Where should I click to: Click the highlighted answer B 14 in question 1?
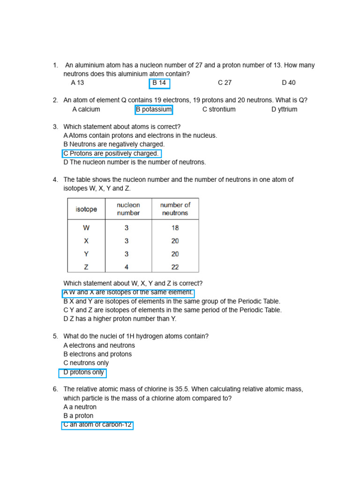click(x=159, y=83)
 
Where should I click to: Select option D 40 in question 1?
click(x=289, y=83)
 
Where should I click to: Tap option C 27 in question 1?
click(x=225, y=83)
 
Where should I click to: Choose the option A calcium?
click(x=86, y=109)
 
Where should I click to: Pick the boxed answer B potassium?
click(x=154, y=110)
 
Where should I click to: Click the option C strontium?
click(x=219, y=109)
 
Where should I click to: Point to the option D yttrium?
click(x=284, y=109)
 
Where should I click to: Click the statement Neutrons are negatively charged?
click(x=114, y=144)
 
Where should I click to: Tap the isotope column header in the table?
click(x=86, y=209)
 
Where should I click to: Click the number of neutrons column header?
click(x=175, y=209)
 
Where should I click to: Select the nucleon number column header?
click(x=128, y=209)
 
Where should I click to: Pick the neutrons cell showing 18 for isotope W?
click(x=175, y=228)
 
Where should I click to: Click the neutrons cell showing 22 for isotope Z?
click(x=175, y=267)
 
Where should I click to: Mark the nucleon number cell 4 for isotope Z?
click(x=127, y=267)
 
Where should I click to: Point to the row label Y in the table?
click(x=86, y=254)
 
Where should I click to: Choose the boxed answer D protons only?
click(x=83, y=373)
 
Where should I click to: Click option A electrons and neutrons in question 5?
click(x=99, y=345)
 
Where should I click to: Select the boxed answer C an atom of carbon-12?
click(x=97, y=425)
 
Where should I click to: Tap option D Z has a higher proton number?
click(x=120, y=319)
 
